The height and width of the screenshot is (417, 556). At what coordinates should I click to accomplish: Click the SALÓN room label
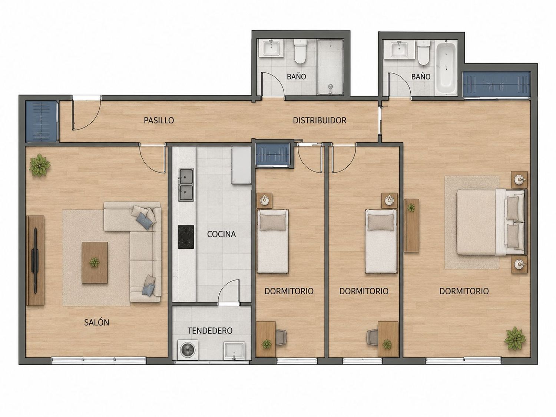tap(96, 322)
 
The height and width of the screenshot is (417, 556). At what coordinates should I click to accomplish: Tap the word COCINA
tap(221, 234)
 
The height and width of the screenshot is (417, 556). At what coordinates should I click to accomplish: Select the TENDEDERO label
tap(210, 331)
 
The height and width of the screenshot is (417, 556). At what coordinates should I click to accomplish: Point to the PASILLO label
tap(159, 120)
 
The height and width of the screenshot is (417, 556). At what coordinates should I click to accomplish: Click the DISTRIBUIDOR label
tap(320, 120)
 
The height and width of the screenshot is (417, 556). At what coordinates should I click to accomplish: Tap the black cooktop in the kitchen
tap(186, 237)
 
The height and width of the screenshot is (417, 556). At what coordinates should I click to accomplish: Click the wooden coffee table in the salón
tap(95, 262)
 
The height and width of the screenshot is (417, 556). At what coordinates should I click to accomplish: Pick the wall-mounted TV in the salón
tap(34, 261)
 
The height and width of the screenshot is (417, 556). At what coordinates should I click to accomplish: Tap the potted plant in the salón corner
tap(40, 165)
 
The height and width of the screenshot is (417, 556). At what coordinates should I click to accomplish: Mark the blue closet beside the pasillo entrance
tap(41, 121)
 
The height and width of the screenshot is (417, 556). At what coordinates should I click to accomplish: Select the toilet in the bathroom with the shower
tap(299, 51)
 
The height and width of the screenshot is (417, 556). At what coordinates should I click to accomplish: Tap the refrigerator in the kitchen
tap(241, 165)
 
